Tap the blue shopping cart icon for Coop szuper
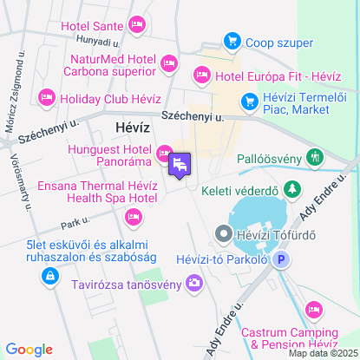pos(232,40)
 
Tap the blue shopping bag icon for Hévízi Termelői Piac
pos(249,102)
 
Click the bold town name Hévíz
pos(133,127)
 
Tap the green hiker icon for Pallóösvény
pos(315,159)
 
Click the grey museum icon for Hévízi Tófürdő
pos(223,232)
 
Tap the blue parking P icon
pos(280,259)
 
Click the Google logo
pos(29,350)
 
